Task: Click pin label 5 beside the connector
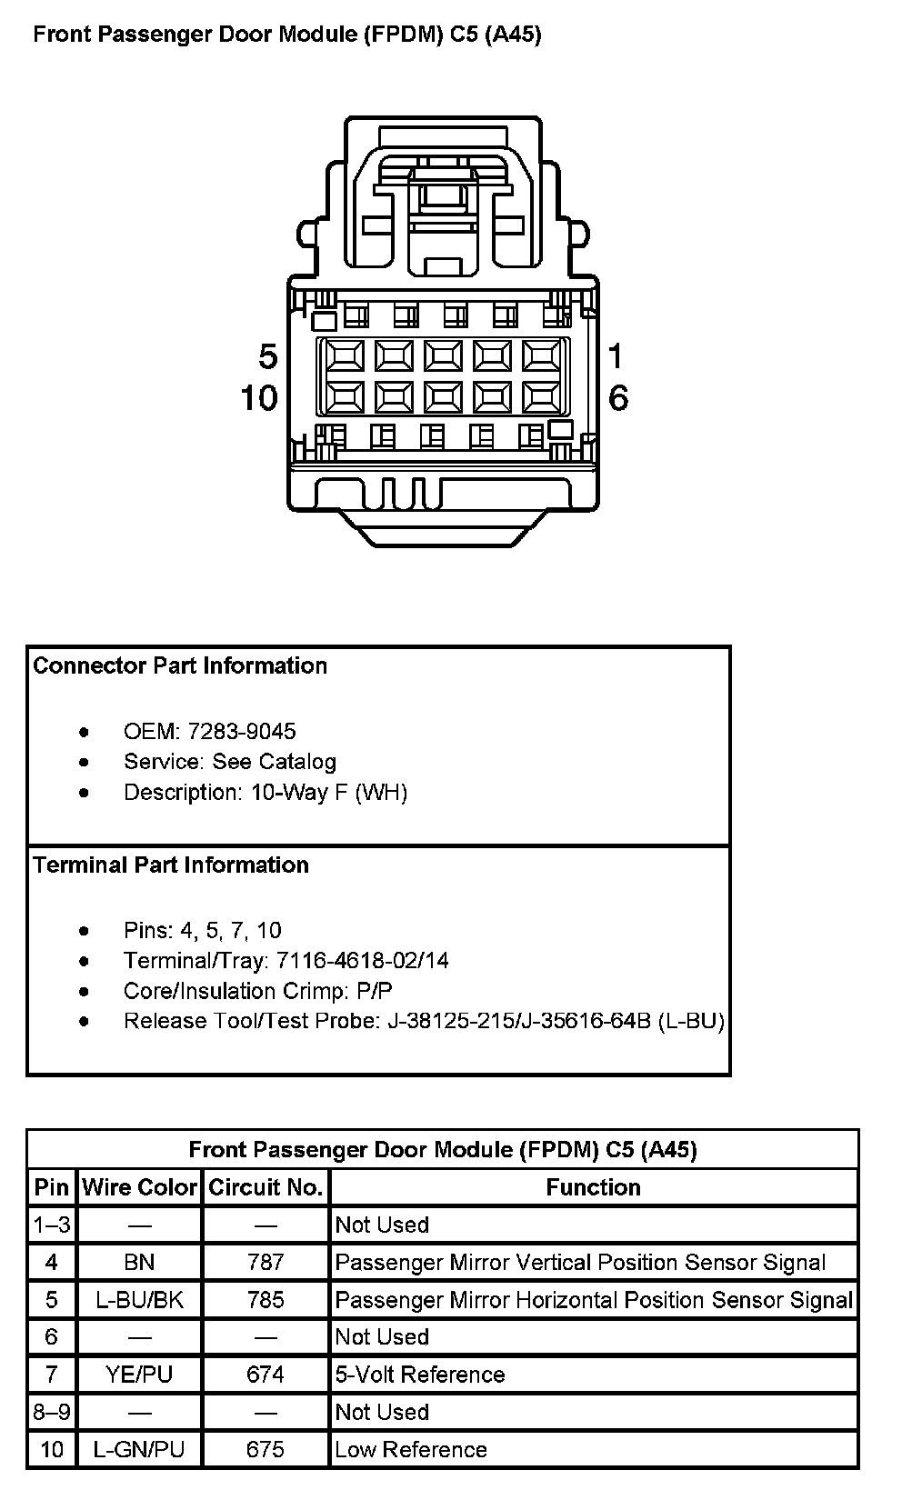pos(267,356)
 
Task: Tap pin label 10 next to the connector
pos(259,397)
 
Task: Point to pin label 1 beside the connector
pos(616,356)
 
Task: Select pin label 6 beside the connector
pos(618,397)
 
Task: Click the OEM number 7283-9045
pos(242,732)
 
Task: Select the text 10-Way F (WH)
pos(329,793)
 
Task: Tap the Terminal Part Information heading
pos(171,865)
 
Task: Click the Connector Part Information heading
pos(180,665)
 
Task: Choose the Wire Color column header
pos(140,1187)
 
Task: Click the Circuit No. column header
pos(266,1187)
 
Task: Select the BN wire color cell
pos(140,1262)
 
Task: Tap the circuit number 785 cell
pos(266,1300)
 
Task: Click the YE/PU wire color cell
pos(140,1375)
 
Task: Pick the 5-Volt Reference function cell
pos(420,1375)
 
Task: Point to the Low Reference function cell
pos(411,1449)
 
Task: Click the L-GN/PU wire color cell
pos(140,1449)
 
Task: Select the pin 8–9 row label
pos(52,1412)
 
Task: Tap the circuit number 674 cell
pos(266,1375)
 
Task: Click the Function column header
pos(593,1187)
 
